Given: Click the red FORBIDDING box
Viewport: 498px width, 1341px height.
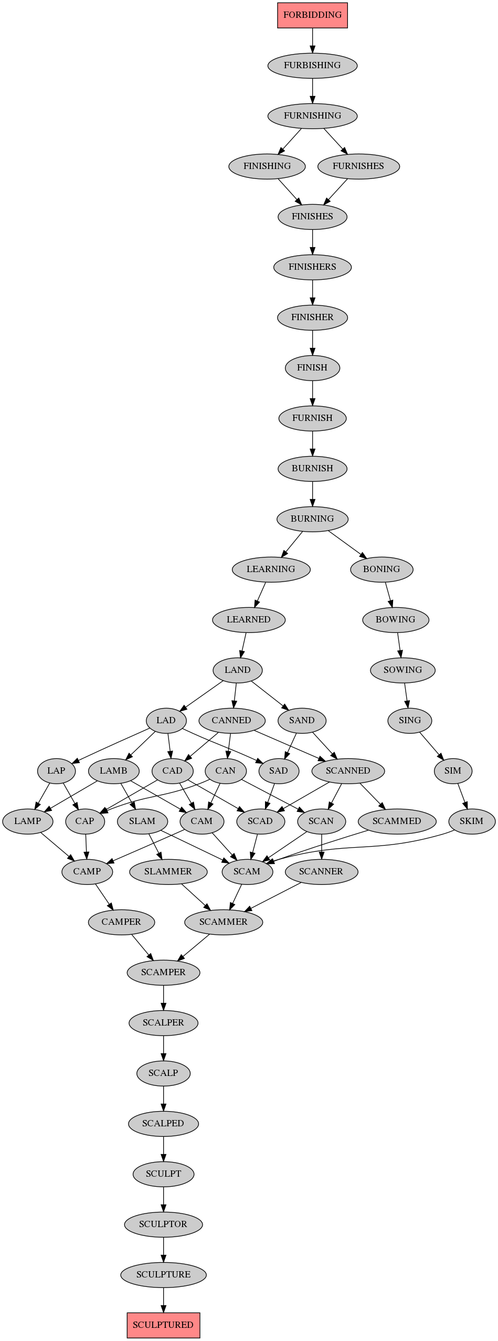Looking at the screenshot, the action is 312,15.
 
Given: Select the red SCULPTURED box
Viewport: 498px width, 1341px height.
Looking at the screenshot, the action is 163,1325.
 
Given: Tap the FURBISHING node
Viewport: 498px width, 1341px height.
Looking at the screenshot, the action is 312,65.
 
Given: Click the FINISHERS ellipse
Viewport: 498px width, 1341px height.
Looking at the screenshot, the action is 312,267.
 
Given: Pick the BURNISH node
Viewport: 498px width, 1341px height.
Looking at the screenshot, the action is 312,468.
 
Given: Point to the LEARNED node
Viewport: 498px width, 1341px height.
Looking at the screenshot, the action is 249,619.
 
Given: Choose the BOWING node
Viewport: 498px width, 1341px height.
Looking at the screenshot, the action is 396,619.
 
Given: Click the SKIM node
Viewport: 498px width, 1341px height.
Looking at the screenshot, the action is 471,821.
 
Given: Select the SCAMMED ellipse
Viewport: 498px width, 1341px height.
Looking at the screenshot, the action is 397,821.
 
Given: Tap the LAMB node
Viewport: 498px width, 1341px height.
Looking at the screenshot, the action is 113,770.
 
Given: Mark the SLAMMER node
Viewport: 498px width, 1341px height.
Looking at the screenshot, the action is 168,871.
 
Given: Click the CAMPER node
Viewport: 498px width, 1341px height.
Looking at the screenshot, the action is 121,922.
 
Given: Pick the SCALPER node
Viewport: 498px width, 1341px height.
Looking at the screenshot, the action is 163,1022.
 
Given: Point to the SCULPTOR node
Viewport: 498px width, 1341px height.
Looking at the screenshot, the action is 163,1224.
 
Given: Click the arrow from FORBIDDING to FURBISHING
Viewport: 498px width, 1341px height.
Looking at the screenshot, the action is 312,40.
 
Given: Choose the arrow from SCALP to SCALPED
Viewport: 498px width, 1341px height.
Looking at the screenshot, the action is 163,1098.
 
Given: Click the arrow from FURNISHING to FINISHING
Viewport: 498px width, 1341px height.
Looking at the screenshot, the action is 290,141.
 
